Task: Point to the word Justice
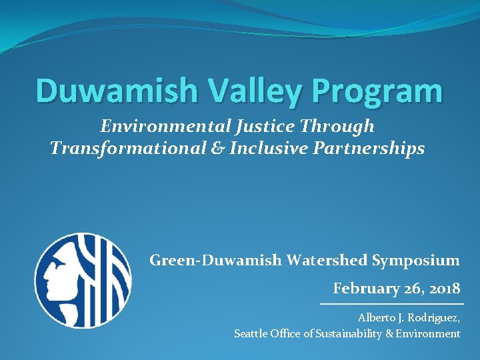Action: tap(274, 126)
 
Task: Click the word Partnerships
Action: tap(371, 149)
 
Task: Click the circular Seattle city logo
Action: tap(83, 280)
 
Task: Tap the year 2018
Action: tap(443, 289)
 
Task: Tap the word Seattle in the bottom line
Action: tap(251, 333)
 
